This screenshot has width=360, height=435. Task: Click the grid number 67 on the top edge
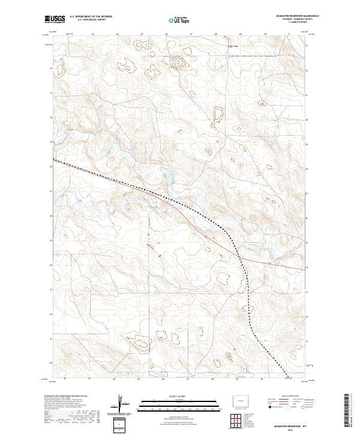point(190,34)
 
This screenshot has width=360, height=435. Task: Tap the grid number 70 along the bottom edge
point(261,379)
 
